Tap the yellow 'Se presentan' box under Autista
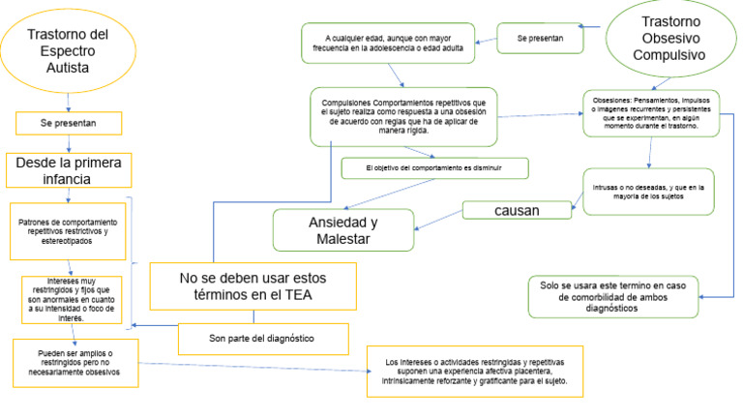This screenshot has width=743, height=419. click(x=68, y=124)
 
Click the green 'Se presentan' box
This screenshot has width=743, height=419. click(x=540, y=38)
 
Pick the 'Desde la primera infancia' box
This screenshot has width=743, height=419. click(x=68, y=169)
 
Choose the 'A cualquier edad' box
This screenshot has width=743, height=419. click(x=386, y=44)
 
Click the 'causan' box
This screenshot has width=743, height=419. click(x=516, y=209)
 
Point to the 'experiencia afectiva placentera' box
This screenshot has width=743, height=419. click(x=474, y=371)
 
